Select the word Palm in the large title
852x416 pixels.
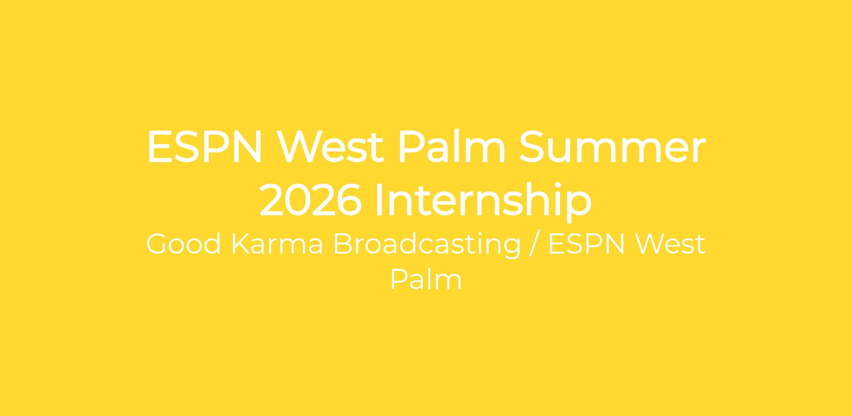pyautogui.click(x=452, y=146)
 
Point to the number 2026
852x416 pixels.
pyautogui.click(x=311, y=199)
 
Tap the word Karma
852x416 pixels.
pyautogui.click(x=277, y=244)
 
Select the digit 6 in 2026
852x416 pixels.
pyautogui.click(x=349, y=199)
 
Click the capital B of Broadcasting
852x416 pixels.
pyautogui.click(x=343, y=244)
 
